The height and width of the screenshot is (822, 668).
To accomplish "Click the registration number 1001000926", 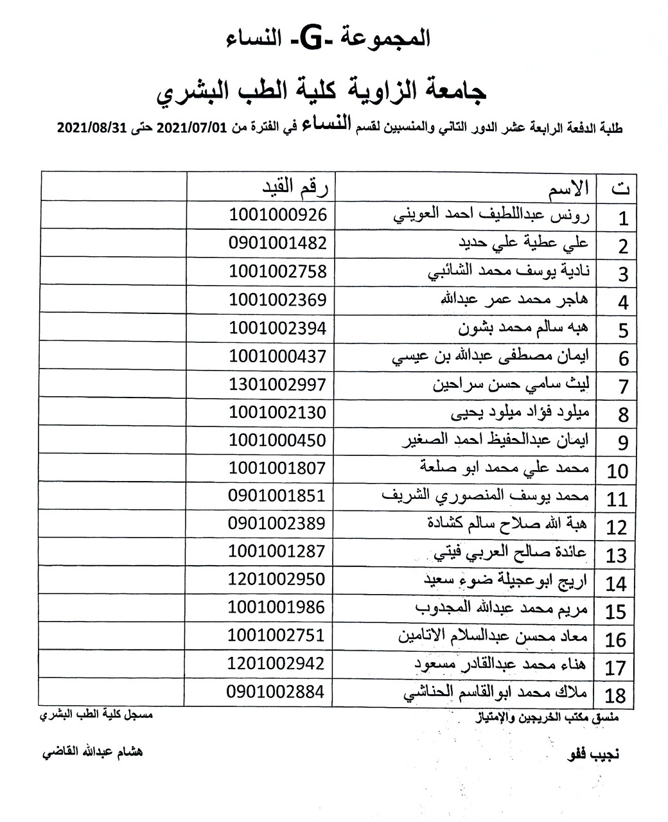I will point(277,215).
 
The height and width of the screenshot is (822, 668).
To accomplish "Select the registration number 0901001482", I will point(277,243).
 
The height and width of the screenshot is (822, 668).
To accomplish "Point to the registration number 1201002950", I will point(277,579).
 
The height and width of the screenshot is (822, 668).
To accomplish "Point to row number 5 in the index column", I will point(622,331).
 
